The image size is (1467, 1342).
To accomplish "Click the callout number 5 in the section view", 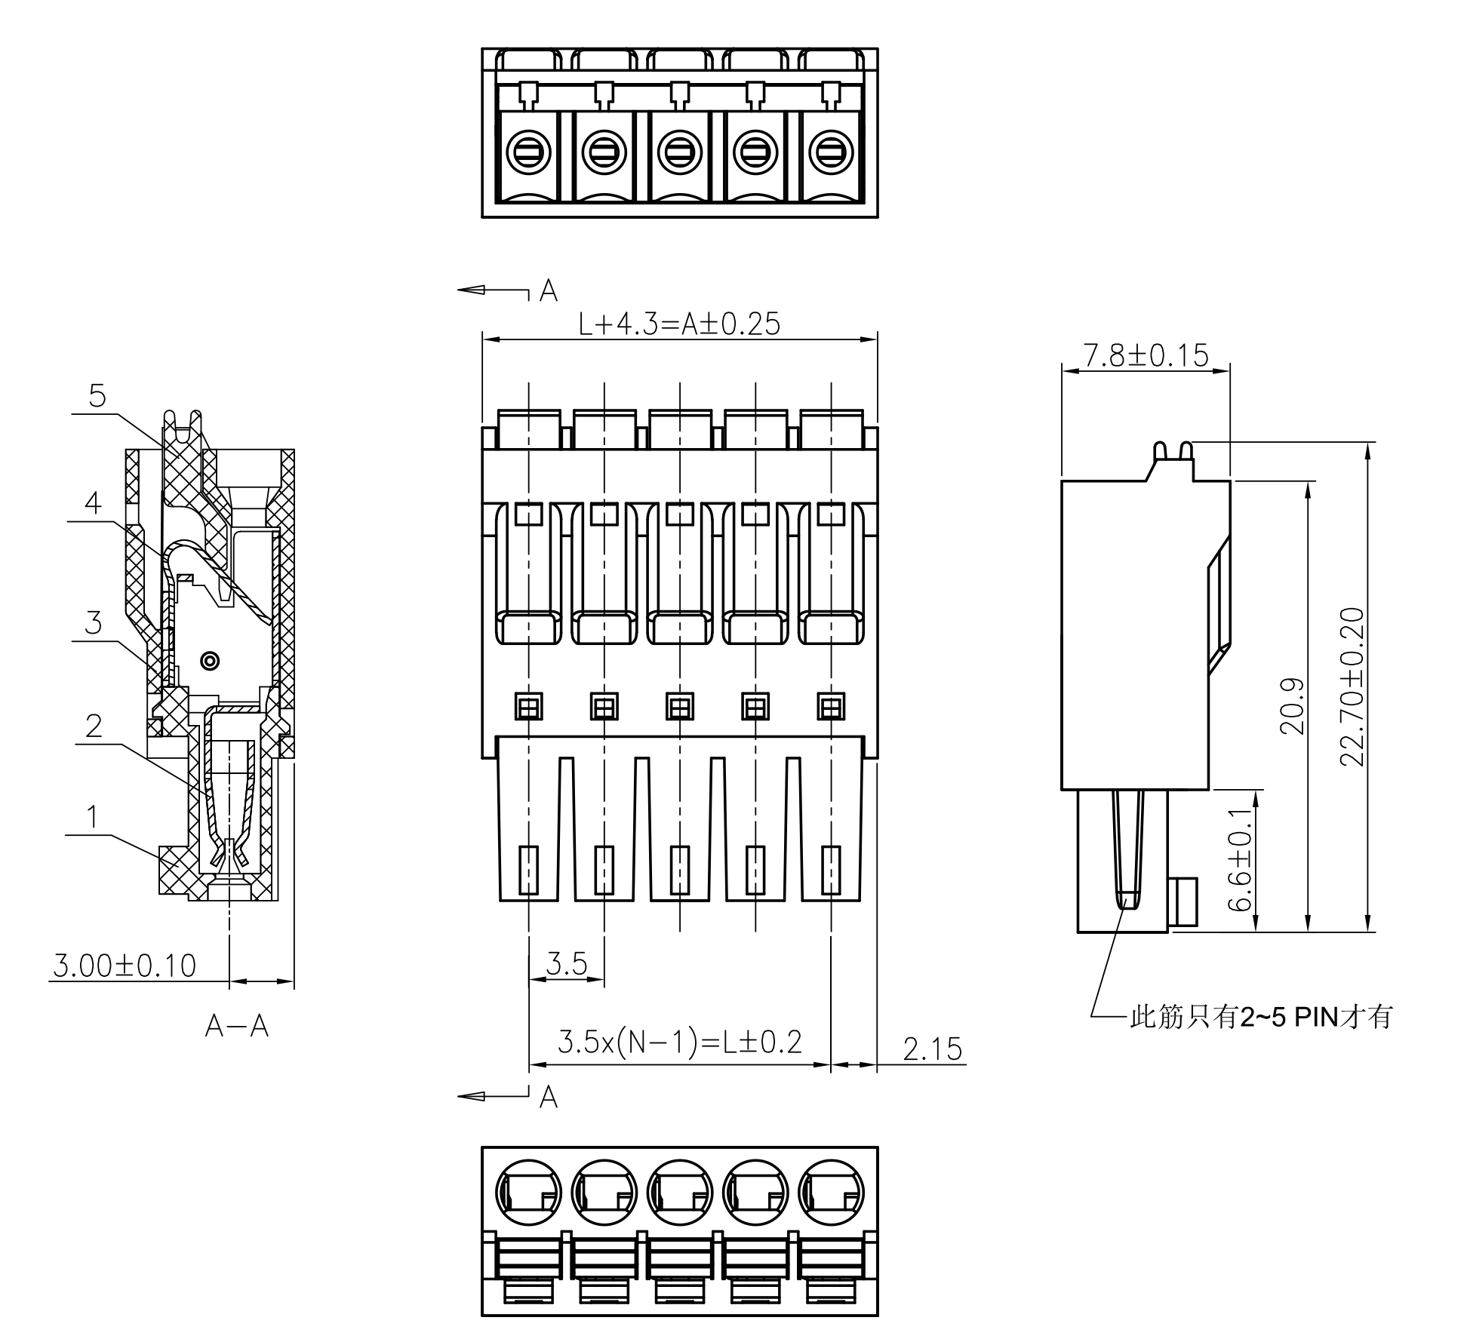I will pyautogui.click(x=97, y=396).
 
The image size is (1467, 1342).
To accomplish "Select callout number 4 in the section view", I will pyautogui.click(x=93, y=503).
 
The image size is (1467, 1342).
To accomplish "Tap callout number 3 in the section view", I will pyautogui.click(x=93, y=624).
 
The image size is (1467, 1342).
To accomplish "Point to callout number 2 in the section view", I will pyautogui.click(x=94, y=726).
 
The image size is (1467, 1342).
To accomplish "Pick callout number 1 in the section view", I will pyautogui.click(x=92, y=817).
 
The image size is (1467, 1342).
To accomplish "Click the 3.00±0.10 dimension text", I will pyautogui.click(x=125, y=966).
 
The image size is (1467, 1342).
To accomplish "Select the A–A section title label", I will pyautogui.click(x=236, y=1026).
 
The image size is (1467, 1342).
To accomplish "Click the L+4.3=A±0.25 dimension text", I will pyautogui.click(x=679, y=324).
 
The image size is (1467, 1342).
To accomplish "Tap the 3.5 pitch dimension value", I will pyautogui.click(x=567, y=964).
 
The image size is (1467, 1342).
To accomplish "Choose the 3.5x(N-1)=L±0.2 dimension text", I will pyautogui.click(x=679, y=1042).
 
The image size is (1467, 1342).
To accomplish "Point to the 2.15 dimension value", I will pyautogui.click(x=933, y=1049).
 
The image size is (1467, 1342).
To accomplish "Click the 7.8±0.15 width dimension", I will pyautogui.click(x=1146, y=355).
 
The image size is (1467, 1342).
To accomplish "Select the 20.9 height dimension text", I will pyautogui.click(x=1293, y=706).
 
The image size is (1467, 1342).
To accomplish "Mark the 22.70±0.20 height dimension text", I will pyautogui.click(x=1352, y=686).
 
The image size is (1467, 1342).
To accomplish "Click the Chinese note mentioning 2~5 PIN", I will pyautogui.click(x=1260, y=1018).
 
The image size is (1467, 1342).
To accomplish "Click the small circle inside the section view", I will pyautogui.click(x=211, y=661).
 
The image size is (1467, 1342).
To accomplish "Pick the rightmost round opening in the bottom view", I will pyautogui.click(x=831, y=1193).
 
